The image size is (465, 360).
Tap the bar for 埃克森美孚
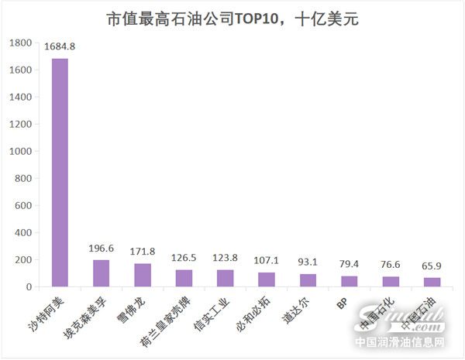coord(102,273)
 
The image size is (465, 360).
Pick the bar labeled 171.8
coord(143,275)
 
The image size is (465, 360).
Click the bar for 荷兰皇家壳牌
coord(184,278)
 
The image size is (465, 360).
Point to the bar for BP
coord(349,281)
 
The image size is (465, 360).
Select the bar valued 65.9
coord(432,282)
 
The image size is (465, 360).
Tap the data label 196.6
coord(102,249)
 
